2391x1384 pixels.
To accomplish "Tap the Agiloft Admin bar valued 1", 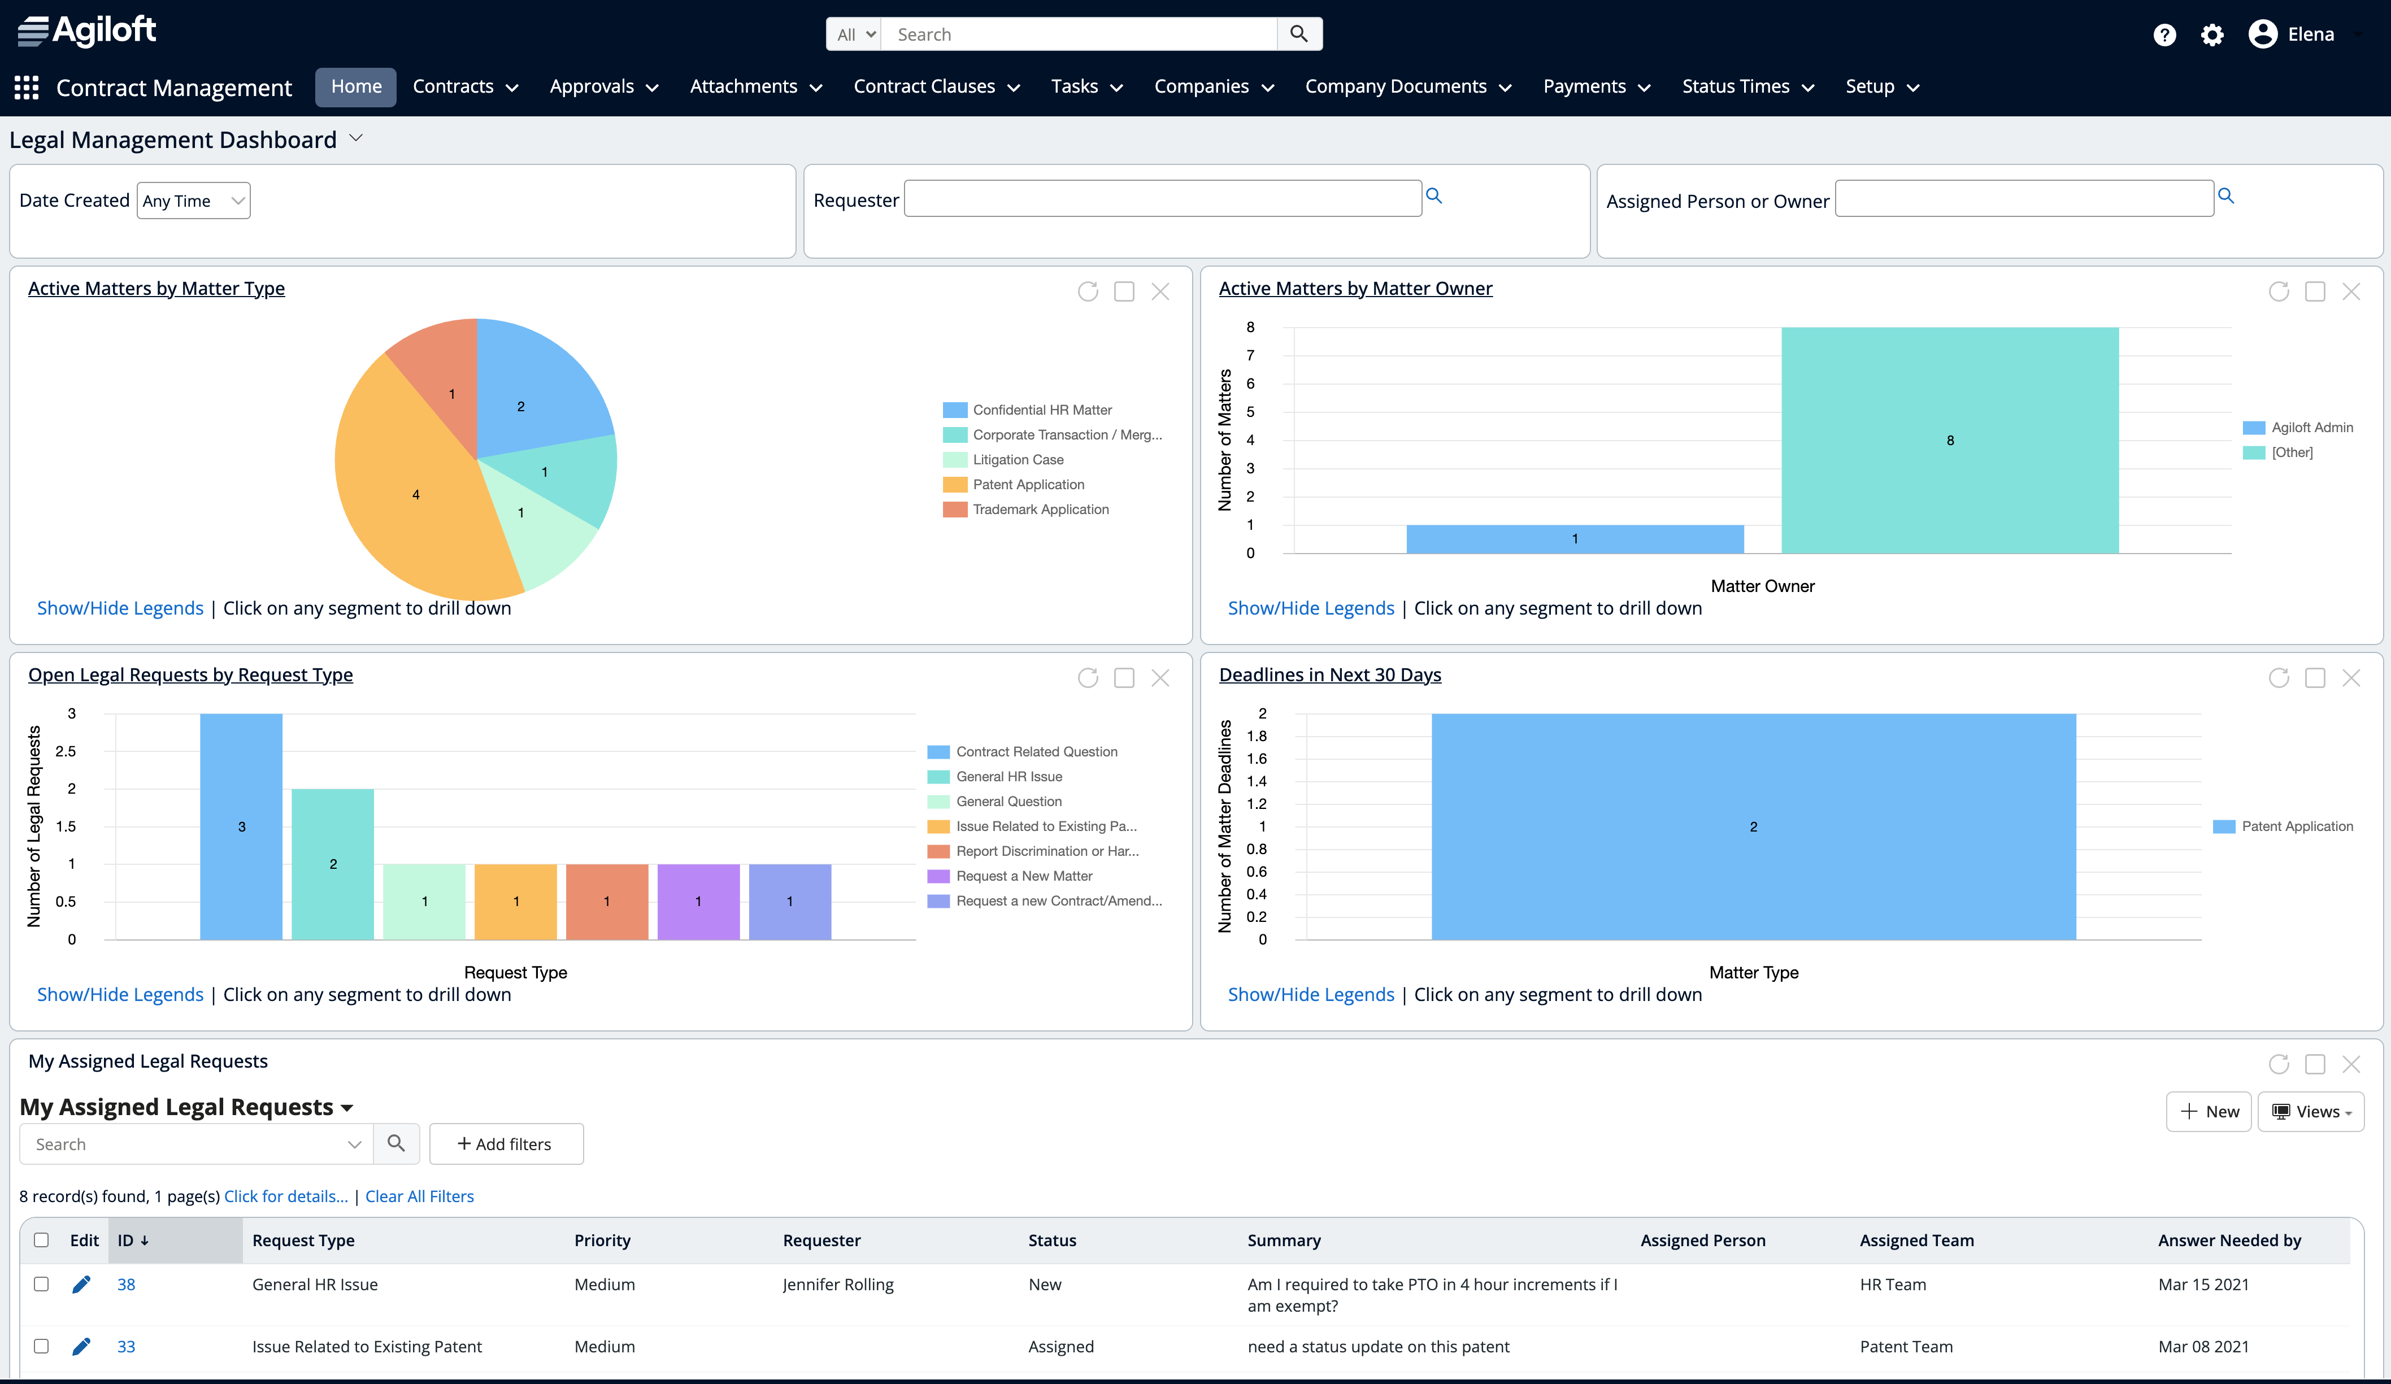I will (1574, 539).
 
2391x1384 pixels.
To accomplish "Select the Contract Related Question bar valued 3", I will (241, 826).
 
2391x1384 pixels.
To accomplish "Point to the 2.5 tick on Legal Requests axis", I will (66, 751).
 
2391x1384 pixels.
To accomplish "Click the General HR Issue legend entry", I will (1008, 777).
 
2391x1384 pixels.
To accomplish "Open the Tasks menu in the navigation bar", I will (1086, 87).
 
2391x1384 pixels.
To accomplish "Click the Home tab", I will (356, 87).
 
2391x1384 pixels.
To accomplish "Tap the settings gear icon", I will (2212, 35).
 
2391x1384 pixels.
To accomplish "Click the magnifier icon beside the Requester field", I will (1434, 197).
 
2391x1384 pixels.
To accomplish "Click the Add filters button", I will (506, 1144).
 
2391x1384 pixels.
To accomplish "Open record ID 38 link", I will (126, 1285).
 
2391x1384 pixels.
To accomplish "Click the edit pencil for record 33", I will (81, 1346).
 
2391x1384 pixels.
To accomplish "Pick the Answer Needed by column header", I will (2229, 1241).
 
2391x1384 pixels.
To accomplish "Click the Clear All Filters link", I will (419, 1197).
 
